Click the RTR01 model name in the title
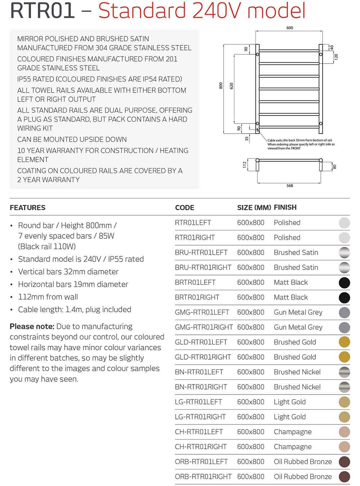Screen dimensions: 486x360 [42, 11]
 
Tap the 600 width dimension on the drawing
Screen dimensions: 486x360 [289, 28]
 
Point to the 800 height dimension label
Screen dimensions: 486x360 [221, 86]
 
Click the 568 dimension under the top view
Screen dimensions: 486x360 [289, 186]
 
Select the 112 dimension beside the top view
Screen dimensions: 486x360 [245, 165]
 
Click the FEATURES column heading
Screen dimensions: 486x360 [28, 208]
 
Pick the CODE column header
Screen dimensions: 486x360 [184, 208]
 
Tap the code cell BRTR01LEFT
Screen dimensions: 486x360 [195, 283]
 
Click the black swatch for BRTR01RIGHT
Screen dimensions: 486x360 [344, 298]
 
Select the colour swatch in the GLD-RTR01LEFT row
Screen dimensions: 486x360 [344, 342]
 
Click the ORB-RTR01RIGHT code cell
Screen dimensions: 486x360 [203, 477]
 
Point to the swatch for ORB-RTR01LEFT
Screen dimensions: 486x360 [344, 462]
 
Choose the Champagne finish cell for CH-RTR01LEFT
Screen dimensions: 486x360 [293, 432]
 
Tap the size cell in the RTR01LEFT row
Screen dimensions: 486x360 [251, 223]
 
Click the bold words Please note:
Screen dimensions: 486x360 [32, 327]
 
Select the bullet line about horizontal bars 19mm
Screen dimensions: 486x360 [73, 284]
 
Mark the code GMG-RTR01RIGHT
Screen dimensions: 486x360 [204, 327]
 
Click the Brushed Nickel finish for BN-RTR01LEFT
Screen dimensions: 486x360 [297, 372]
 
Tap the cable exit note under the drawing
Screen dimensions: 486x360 [301, 144]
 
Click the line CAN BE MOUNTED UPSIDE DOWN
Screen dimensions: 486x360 [72, 140]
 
